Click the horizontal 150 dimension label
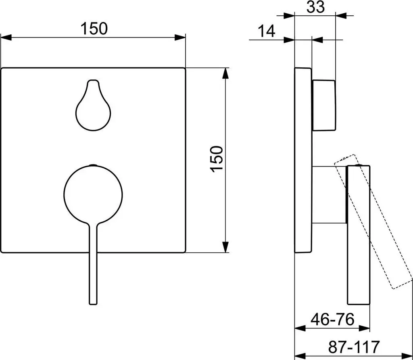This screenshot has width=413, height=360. pyautogui.click(x=94, y=29)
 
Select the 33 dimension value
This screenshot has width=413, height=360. pyautogui.click(x=316, y=7)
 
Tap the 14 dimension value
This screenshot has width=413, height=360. pyautogui.click(x=266, y=31)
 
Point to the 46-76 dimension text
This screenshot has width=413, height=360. pyautogui.click(x=332, y=320)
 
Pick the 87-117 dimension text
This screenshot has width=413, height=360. pyautogui.click(x=354, y=347)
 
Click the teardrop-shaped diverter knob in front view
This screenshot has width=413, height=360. pyautogui.click(x=93, y=105)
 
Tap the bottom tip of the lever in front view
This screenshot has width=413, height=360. pyautogui.click(x=93, y=305)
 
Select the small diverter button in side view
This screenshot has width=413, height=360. pyautogui.click(x=324, y=105)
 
